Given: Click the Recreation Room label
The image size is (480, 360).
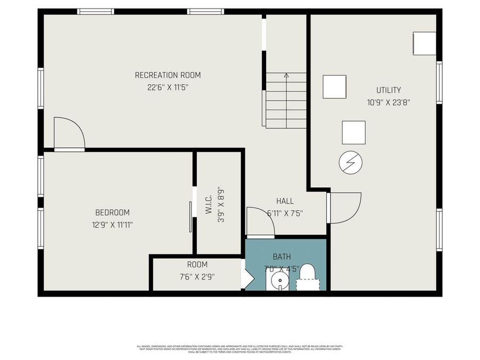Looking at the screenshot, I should point(167,75).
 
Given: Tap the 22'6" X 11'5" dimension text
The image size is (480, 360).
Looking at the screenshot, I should point(167,87).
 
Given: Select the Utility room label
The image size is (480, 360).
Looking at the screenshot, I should point(388,90).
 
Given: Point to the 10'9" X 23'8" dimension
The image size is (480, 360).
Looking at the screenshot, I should point(388,102).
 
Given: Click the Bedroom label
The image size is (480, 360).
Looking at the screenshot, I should point(112,212).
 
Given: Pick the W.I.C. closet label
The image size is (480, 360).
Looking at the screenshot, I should point(209,204).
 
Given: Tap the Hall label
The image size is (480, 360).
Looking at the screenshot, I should point(285,201).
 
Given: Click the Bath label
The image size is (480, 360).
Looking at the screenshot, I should point(282,257).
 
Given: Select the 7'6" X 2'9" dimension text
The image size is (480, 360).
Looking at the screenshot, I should point(197,276).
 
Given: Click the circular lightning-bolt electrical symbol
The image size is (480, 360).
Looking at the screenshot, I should point(350,162).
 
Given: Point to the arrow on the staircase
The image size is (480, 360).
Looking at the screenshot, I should point(286,76).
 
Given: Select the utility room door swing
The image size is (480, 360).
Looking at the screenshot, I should point(344,207).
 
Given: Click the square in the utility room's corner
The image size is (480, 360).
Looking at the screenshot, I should point(424,43).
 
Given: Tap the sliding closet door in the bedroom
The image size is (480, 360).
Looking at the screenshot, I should point(190,217).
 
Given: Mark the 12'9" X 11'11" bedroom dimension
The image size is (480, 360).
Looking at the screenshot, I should point(112,225).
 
